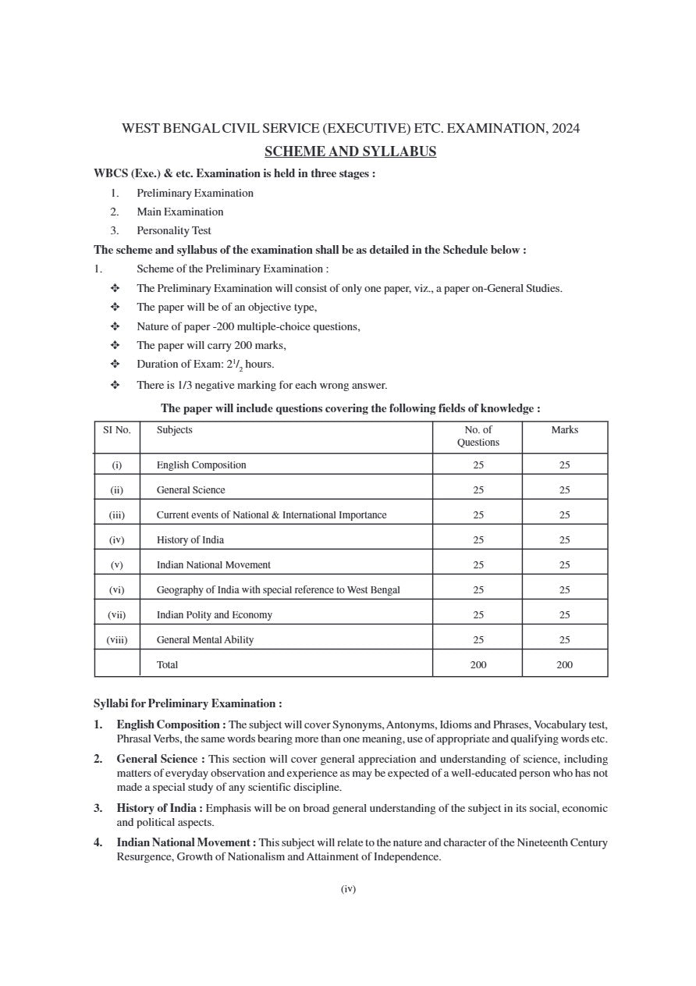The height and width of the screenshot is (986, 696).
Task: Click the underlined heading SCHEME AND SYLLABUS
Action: pos(350,151)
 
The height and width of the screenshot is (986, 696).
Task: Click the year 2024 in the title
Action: pos(565,129)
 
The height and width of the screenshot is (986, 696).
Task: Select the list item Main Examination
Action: pos(179,212)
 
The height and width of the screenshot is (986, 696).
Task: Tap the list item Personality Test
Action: pos(173,230)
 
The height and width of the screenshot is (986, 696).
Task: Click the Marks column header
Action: pos(564,430)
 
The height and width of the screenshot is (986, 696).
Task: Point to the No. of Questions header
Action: pos(478,436)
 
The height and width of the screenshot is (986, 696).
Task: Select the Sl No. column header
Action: pos(117,430)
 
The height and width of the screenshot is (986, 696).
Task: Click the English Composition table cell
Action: pos(201,465)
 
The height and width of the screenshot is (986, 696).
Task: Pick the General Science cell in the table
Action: pos(190,490)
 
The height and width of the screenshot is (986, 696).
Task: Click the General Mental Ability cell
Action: pos(204,640)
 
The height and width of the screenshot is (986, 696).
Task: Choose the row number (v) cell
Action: pos(117,565)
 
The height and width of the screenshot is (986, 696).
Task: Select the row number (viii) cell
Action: pos(117,640)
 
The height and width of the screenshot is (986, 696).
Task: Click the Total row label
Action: pos(167,665)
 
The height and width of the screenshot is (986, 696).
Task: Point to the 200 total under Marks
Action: pos(564,665)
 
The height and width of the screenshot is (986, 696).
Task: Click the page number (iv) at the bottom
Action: pos(348,888)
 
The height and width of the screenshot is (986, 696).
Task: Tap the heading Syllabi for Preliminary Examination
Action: pos(187,703)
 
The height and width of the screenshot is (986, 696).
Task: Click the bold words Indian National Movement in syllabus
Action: pos(184,842)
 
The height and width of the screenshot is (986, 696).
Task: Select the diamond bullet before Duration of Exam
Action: pos(115,364)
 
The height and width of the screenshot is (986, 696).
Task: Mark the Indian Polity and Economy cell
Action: pos(214,615)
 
